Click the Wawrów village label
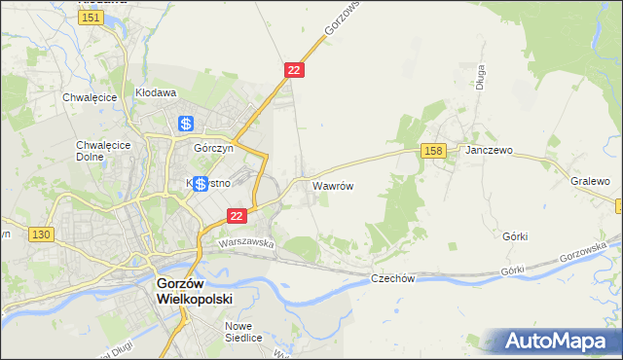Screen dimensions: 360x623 pos(331,184)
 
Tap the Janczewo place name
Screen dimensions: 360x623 pos(489,152)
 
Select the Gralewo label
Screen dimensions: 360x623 pos(590,182)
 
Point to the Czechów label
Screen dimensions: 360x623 pos(393,278)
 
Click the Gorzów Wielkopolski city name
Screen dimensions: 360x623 pos(195,291)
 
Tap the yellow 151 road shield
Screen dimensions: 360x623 pos(92,18)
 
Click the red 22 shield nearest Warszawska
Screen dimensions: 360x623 pos(236,215)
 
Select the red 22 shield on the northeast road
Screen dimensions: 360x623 pos(295,70)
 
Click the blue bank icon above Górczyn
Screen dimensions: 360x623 pos(186,124)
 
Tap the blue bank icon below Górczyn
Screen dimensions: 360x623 pos(199,184)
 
